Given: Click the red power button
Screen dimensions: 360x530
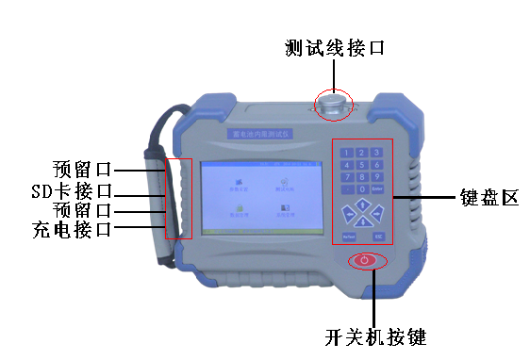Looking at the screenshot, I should (368, 261).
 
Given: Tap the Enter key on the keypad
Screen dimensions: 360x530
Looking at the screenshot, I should (377, 188).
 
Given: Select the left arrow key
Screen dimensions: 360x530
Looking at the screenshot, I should (349, 213).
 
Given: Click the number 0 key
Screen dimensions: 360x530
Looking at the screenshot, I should (363, 188).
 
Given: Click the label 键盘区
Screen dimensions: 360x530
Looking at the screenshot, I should (486, 198).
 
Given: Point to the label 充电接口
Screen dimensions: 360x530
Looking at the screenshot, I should (71, 229).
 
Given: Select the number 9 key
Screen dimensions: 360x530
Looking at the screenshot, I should (377, 175).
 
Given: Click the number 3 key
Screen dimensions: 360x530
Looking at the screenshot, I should (377, 152).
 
